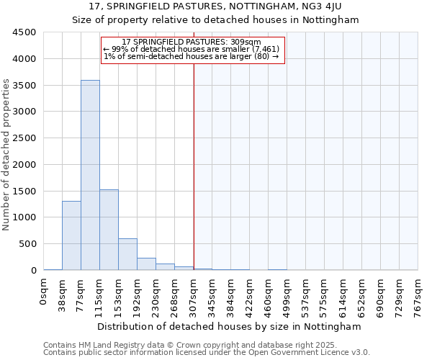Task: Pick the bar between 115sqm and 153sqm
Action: pyautogui.click(x=109, y=230)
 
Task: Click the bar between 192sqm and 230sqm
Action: pyautogui.click(x=146, y=264)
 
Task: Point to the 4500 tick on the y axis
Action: pyautogui.click(x=24, y=32)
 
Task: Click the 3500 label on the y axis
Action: pyautogui.click(x=24, y=85)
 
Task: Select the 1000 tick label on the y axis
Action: pyautogui.click(x=24, y=217)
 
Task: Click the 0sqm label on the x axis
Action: pyautogui.click(x=44, y=290)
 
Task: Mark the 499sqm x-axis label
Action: pyautogui.click(x=287, y=293)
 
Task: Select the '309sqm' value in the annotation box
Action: pyautogui.click(x=246, y=42)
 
